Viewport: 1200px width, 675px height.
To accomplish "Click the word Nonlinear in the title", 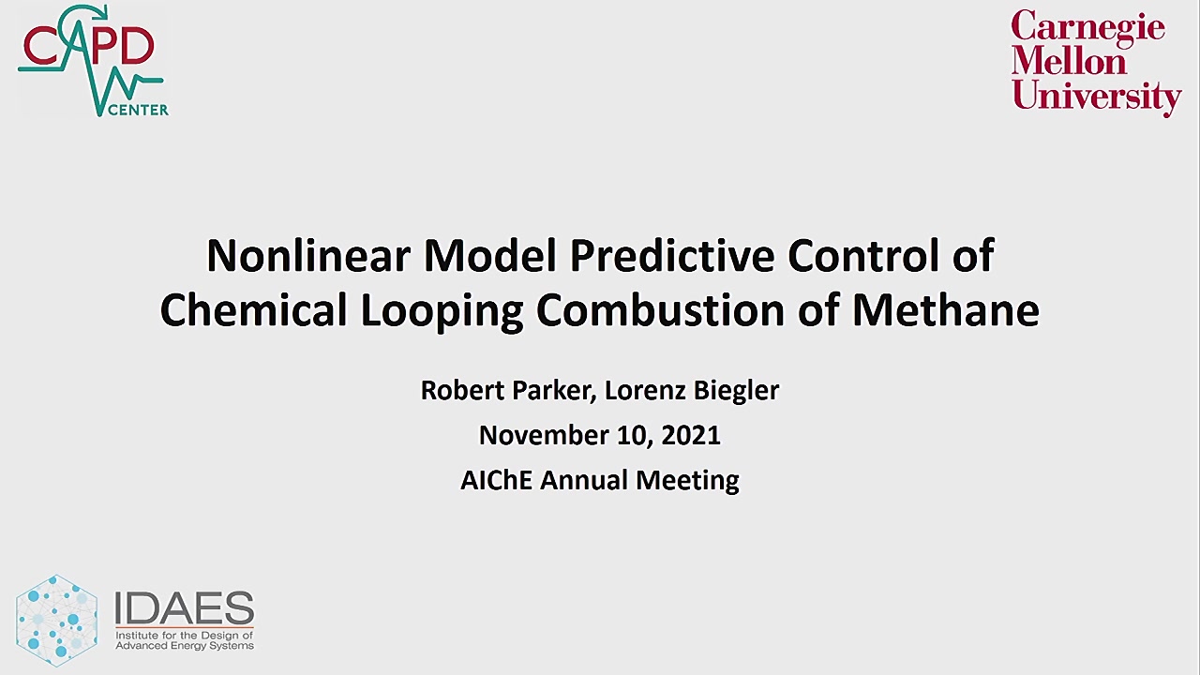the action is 308,256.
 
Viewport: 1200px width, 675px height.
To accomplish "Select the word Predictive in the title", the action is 672,256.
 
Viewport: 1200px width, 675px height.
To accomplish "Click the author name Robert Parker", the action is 505,390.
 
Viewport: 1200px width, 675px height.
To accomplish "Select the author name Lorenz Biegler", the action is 692,391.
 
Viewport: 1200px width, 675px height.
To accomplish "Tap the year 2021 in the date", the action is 691,435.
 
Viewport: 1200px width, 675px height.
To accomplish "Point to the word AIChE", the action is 497,480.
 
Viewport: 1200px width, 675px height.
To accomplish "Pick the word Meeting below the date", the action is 687,481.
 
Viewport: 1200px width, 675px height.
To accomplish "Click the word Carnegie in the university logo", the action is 1088,28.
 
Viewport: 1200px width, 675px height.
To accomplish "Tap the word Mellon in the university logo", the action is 1068,61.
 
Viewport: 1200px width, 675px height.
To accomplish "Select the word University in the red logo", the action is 1097,97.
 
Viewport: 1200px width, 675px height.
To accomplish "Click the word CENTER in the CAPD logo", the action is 139,111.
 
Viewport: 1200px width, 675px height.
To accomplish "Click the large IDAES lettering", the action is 185,607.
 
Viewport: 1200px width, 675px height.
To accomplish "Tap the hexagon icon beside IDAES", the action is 57,621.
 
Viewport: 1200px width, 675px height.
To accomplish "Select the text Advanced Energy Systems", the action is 185,646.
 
